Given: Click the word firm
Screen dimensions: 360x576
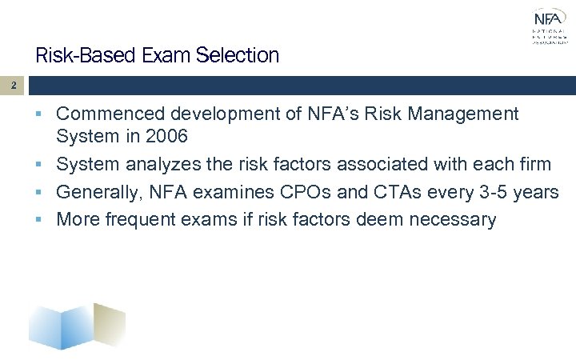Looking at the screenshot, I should coord(534,164).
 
